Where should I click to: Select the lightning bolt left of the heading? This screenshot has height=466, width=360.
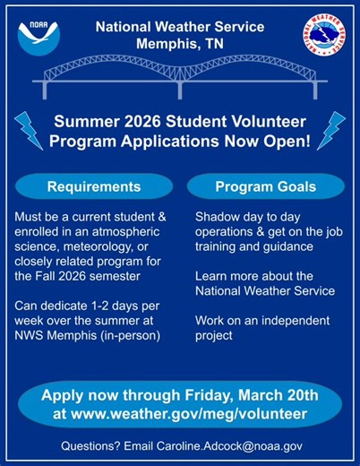(30, 130)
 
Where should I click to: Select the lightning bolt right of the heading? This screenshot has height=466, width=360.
(330, 130)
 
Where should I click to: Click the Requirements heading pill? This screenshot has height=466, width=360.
(94, 187)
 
